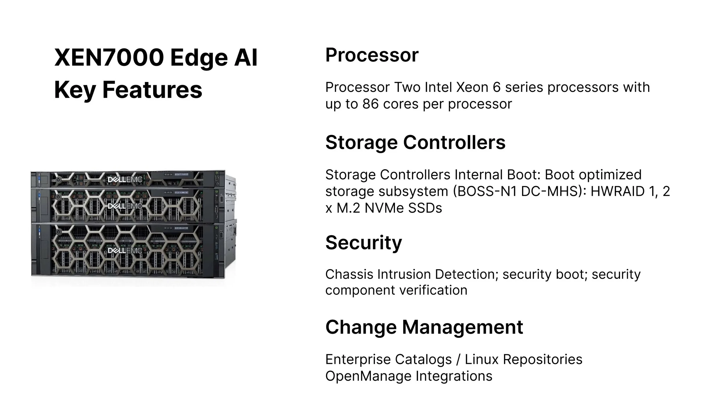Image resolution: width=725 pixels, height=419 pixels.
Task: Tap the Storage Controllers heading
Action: [415, 142]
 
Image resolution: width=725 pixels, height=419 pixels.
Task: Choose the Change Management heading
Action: [424, 327]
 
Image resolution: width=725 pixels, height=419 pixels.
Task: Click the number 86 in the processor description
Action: [370, 104]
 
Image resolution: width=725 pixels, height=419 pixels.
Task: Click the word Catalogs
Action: [423, 359]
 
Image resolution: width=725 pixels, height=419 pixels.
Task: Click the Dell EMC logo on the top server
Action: [125, 180]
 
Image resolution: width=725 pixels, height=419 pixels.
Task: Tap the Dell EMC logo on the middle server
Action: [125, 206]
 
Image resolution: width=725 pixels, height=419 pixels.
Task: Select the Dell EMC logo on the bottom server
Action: [125, 250]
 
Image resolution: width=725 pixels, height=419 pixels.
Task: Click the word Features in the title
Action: [152, 90]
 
